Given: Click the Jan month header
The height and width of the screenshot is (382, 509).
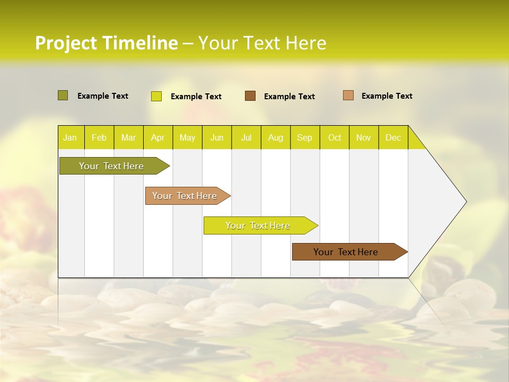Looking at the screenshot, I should click(x=71, y=137).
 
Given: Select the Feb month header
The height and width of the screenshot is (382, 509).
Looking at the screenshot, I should click(x=99, y=137).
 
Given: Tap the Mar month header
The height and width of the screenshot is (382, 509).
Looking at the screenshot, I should click(x=128, y=137).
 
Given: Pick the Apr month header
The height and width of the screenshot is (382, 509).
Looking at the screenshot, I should click(x=158, y=137).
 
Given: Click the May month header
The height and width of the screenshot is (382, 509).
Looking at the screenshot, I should click(x=187, y=137).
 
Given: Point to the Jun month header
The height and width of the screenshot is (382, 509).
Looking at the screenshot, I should click(x=217, y=137).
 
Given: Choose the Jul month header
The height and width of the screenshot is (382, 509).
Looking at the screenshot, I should click(x=246, y=137).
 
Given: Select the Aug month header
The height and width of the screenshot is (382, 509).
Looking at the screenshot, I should click(x=276, y=137).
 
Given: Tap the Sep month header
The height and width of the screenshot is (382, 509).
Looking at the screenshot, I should click(x=305, y=137).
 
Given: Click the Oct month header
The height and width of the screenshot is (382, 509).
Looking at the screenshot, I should click(x=335, y=137).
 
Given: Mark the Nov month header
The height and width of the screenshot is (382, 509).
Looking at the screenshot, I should click(x=364, y=137).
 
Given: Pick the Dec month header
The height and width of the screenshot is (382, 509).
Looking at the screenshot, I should click(x=393, y=137).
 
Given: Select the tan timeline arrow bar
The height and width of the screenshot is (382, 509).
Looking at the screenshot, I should click(x=186, y=196).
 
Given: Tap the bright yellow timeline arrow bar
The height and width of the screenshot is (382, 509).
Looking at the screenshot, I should click(x=258, y=225).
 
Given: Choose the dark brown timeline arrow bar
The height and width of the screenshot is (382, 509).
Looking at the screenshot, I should click(x=347, y=252).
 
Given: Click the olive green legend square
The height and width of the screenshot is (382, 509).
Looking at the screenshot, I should click(x=63, y=95).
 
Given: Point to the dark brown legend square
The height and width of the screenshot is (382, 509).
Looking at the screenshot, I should click(x=250, y=96).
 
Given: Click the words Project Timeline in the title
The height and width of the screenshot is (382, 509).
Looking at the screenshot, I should click(x=106, y=43).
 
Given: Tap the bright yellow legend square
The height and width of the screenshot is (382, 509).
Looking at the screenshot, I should click(x=156, y=96).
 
